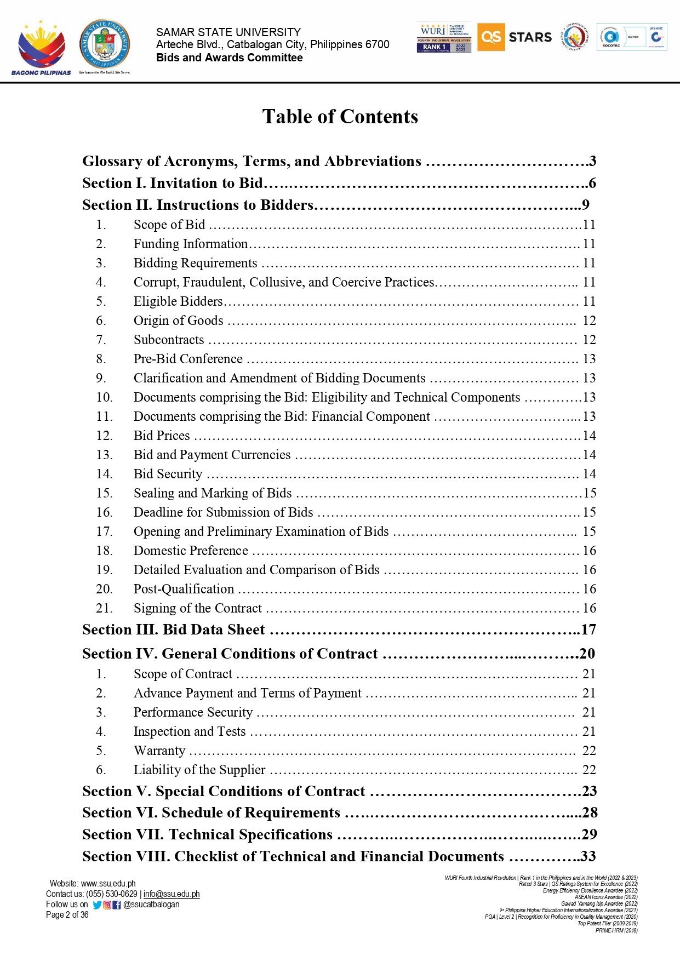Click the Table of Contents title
340,117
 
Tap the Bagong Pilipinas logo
41,48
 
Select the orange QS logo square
490,37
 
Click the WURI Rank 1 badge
444,38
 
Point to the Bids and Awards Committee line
229,58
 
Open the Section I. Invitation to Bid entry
173,183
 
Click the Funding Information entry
191,244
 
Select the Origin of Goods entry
178,321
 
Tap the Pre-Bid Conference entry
188,359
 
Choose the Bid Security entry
168,474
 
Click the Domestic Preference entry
191,551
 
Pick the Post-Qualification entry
184,589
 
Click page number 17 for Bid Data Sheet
588,630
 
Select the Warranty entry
159,751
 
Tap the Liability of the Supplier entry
199,770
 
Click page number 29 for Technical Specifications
588,834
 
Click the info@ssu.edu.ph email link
172,894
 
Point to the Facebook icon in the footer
116,905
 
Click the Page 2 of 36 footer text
67,914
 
